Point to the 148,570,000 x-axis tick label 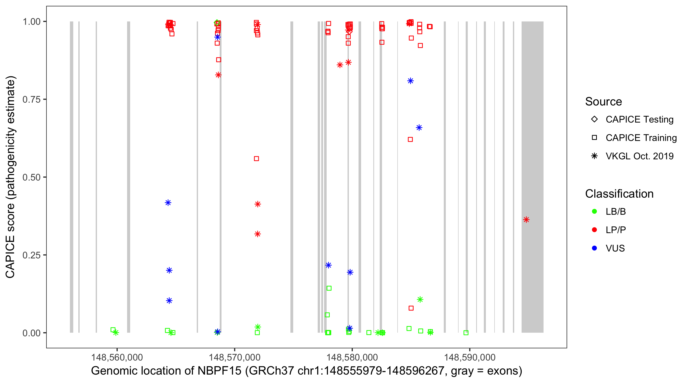pos(234,357)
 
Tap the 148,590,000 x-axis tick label pos(470,357)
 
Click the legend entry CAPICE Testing pos(639,119)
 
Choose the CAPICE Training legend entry pos(641,138)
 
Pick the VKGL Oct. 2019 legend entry pos(639,156)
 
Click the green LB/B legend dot pos(594,211)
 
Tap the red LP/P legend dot pos(594,230)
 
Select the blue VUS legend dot pos(594,248)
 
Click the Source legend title pos(604,102)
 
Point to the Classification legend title pos(619,194)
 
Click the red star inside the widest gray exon pos(526,220)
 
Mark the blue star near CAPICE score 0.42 pos(168,203)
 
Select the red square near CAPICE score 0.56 pos(256,159)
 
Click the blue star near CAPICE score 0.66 pos(419,128)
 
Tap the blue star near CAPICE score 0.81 pos(411,81)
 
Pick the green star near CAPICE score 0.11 pos(420,300)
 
